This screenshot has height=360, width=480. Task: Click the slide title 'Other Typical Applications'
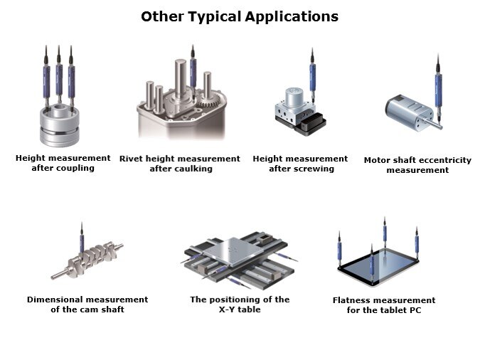pyautogui.click(x=240, y=16)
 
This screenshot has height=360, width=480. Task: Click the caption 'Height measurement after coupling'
pyautogui.click(x=63, y=163)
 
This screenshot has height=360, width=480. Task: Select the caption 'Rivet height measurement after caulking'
pyautogui.click(x=180, y=164)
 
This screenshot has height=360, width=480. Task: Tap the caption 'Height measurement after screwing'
pyautogui.click(x=300, y=164)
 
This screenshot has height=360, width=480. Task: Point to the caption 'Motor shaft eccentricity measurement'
pyautogui.click(x=417, y=165)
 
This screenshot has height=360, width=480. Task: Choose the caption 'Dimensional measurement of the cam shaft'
pyautogui.click(x=87, y=305)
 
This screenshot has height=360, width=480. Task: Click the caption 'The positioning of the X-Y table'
pyautogui.click(x=240, y=305)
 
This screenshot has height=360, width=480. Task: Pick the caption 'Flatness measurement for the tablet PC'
pyautogui.click(x=384, y=305)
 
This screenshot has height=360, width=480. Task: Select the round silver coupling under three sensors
pyautogui.click(x=60, y=125)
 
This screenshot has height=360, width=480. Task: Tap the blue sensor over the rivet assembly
pyautogui.click(x=193, y=71)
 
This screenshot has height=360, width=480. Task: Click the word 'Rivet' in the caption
pyautogui.click(x=132, y=158)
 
